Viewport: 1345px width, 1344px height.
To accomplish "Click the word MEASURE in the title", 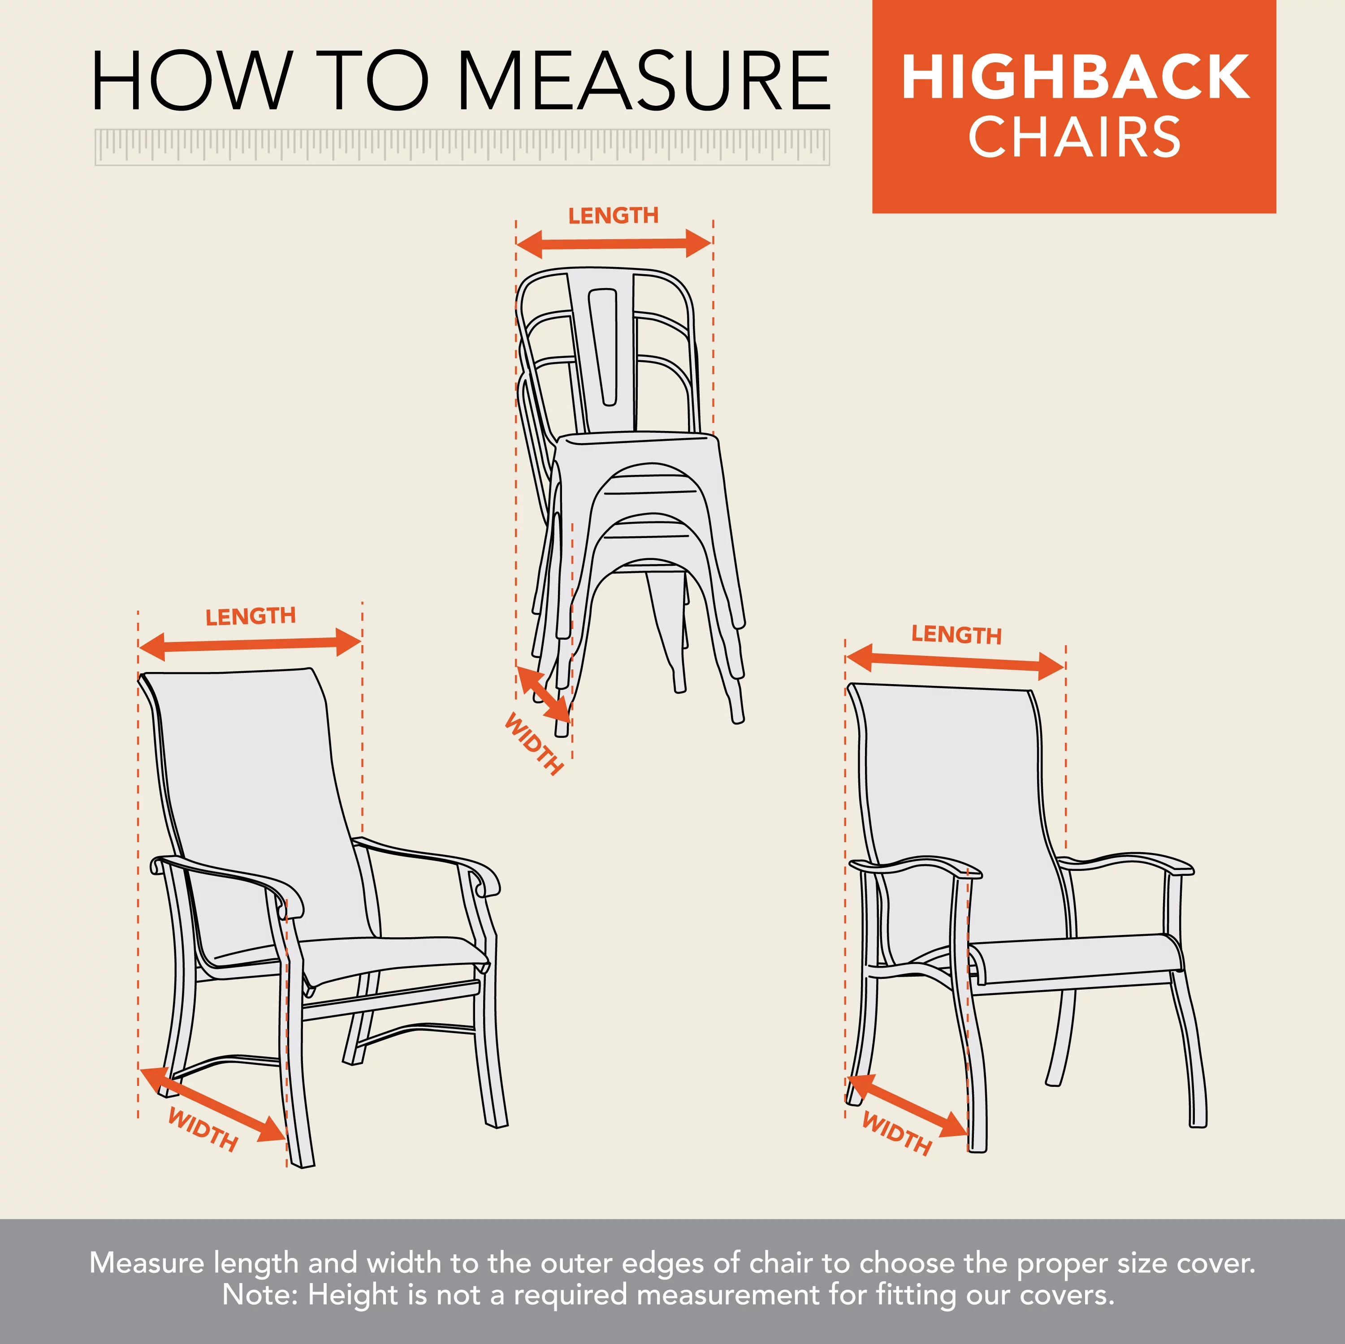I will [x=644, y=82].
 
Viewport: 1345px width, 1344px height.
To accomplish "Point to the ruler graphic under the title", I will [x=462, y=147].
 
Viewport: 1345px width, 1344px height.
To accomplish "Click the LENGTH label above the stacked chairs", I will [x=613, y=216].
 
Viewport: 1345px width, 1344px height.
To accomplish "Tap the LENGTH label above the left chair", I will [x=251, y=616].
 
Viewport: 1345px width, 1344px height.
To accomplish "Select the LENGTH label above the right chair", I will [x=956, y=635].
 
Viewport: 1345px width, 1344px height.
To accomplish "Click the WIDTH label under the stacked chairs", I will [x=534, y=743].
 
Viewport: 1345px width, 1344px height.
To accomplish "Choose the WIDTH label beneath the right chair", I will [x=897, y=1133].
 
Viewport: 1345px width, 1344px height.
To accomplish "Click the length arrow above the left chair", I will [x=250, y=644].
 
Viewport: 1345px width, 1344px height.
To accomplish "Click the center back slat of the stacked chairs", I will [x=603, y=348].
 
